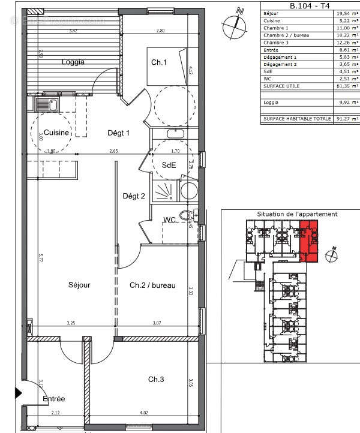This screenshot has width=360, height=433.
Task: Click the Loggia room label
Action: (x=72, y=61)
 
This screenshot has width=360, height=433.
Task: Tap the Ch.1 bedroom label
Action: (x=158, y=62)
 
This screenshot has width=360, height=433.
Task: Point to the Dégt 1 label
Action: (x=118, y=133)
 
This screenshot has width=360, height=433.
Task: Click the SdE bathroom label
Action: (x=169, y=166)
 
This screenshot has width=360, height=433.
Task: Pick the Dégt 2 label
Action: (x=134, y=196)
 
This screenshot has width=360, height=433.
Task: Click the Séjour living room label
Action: (x=79, y=285)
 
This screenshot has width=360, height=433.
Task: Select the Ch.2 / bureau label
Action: (x=152, y=285)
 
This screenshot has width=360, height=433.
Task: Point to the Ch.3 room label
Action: (x=158, y=379)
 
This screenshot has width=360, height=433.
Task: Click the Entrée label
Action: (x=53, y=399)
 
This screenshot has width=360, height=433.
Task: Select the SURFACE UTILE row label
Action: (x=283, y=86)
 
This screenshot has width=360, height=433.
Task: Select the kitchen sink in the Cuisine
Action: (x=45, y=105)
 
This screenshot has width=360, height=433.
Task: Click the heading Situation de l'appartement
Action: (x=297, y=214)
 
